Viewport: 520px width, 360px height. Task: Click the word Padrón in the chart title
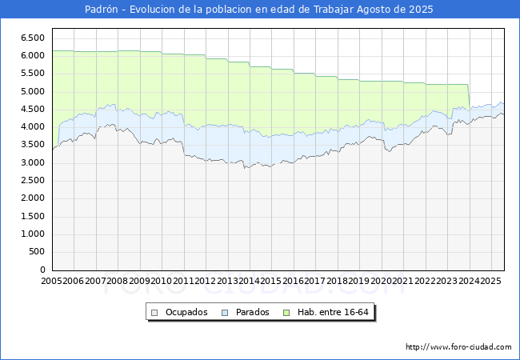(x=102, y=10)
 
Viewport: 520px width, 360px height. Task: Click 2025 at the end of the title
(x=421, y=10)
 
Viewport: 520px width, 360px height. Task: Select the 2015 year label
(x=271, y=281)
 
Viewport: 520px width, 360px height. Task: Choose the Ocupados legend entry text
(x=186, y=312)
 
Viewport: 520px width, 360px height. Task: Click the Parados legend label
(x=251, y=312)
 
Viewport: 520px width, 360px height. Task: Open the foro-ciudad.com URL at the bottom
(x=458, y=347)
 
